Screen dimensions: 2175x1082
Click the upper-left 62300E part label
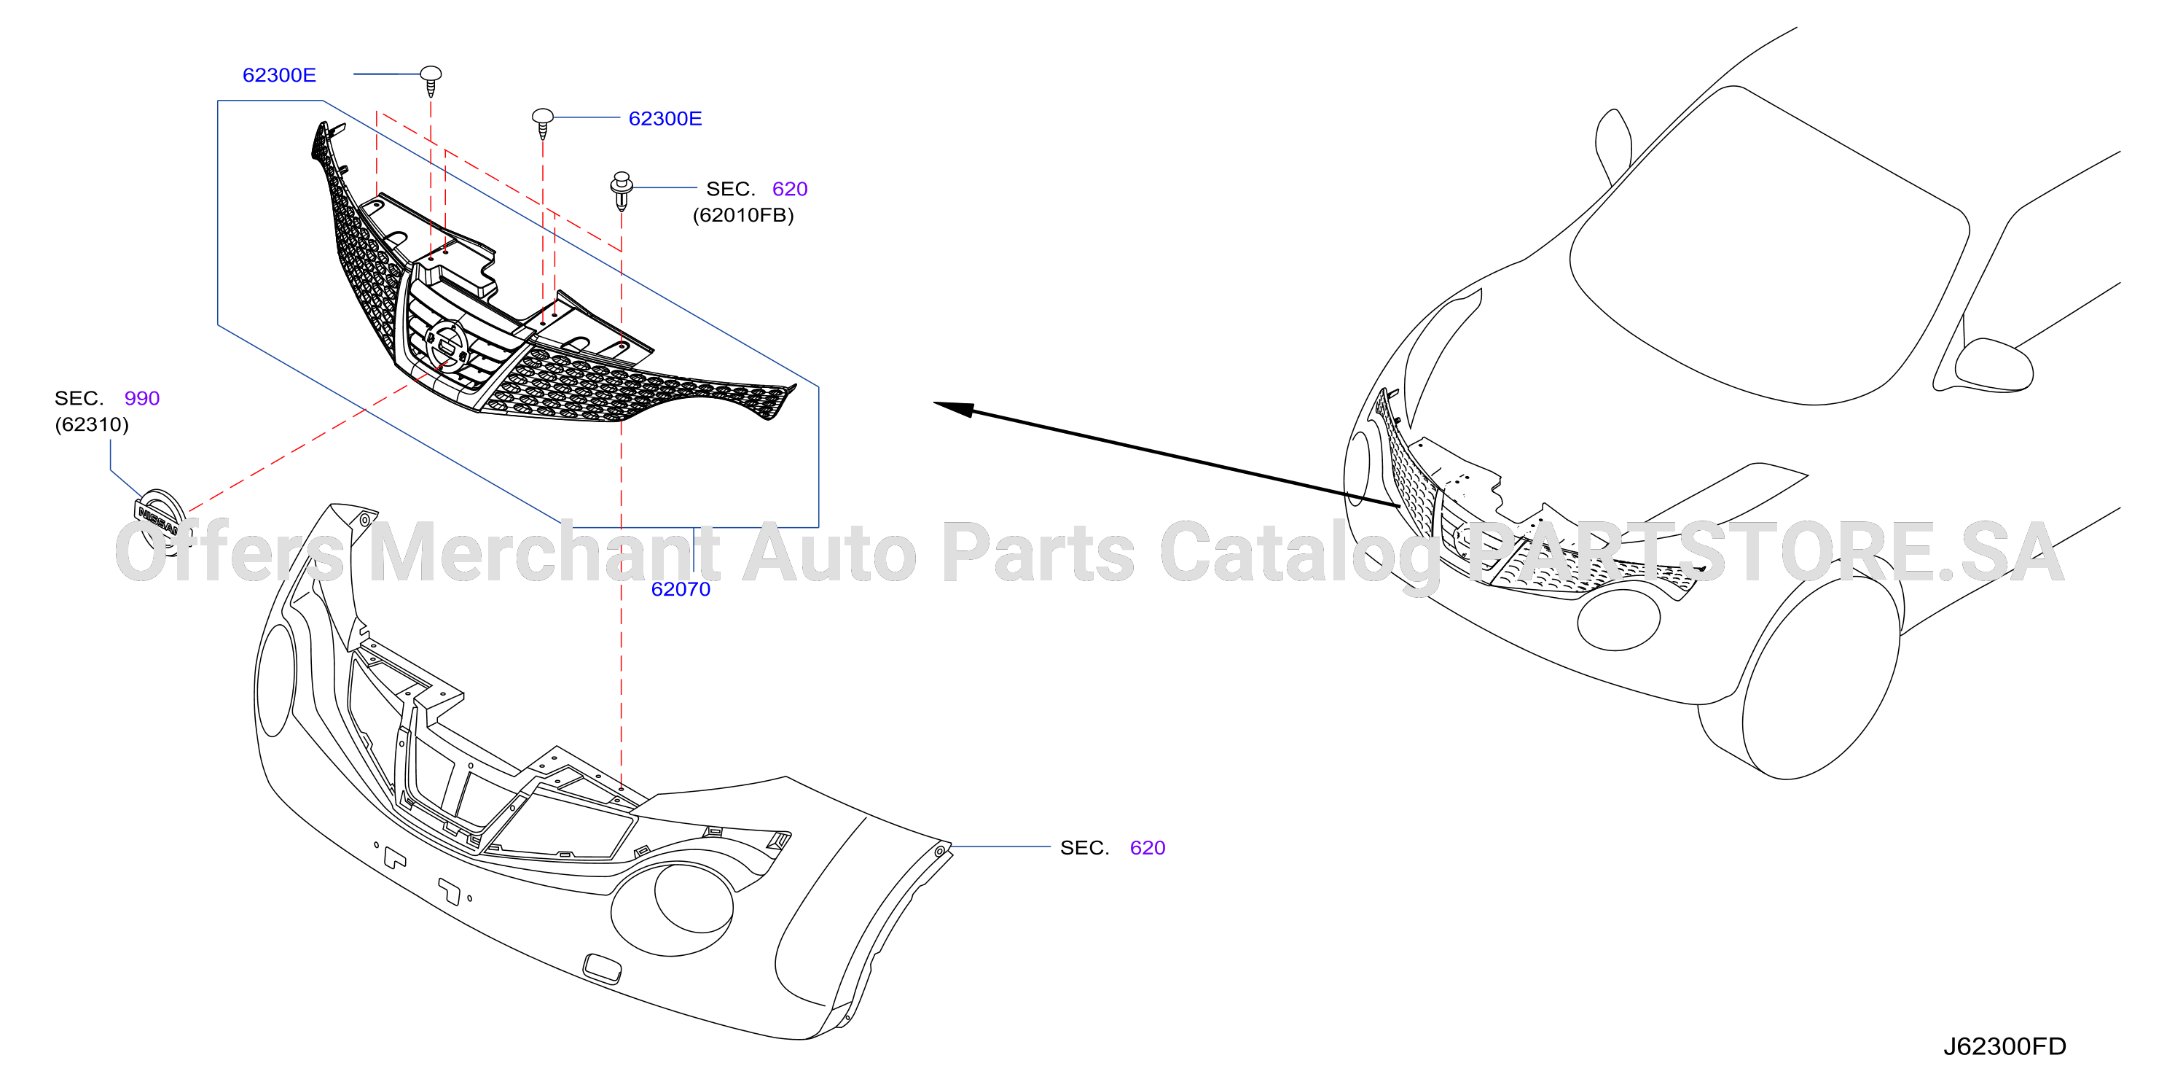tap(280, 75)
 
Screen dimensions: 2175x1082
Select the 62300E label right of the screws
tap(665, 119)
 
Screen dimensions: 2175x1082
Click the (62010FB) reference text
tap(743, 215)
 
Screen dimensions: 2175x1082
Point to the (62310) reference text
tap(92, 424)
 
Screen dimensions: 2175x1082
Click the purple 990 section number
tap(142, 398)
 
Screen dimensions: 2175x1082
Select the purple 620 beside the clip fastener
tap(791, 189)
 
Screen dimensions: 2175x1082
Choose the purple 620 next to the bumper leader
tap(1148, 848)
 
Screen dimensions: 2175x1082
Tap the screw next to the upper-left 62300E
tap(431, 82)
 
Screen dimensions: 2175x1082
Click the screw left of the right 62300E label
tap(543, 123)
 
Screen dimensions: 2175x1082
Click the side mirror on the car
tap(1994, 365)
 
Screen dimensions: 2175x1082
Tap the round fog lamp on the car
tap(1618, 619)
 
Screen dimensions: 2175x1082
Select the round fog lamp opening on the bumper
tap(694, 897)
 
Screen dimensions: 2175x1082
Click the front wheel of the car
tap(1819, 677)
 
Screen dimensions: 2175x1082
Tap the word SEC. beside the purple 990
tap(79, 398)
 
